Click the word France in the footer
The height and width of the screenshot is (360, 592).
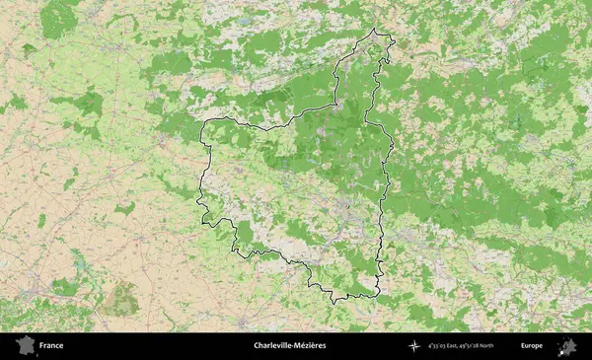(51, 345)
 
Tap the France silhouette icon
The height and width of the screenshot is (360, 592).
(21, 345)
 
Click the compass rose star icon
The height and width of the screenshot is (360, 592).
(414, 346)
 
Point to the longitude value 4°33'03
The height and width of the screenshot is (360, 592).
(437, 346)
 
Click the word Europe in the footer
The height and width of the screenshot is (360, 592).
(532, 345)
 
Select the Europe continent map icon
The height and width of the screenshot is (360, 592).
(567, 346)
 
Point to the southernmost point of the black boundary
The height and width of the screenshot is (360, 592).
(333, 302)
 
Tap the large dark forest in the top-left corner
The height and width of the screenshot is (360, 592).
(59, 17)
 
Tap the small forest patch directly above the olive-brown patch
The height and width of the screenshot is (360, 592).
(125, 208)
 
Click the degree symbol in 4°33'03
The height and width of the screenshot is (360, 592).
(429, 344)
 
